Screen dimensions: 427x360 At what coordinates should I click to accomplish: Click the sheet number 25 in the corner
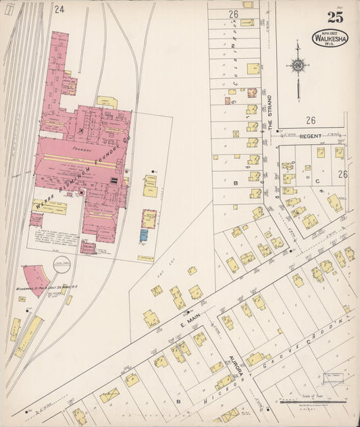(x=334, y=16)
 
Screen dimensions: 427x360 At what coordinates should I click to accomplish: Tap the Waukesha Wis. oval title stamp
(x=330, y=37)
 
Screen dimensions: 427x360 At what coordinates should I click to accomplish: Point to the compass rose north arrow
(x=297, y=66)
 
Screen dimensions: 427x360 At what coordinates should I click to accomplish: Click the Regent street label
(x=311, y=136)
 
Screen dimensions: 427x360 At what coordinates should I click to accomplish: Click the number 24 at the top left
(x=59, y=9)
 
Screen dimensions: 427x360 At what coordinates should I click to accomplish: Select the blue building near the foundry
(x=144, y=235)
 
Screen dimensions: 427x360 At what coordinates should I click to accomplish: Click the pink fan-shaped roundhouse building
(x=37, y=280)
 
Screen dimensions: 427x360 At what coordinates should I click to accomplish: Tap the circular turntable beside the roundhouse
(x=61, y=263)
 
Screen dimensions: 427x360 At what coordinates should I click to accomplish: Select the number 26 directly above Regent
(x=310, y=120)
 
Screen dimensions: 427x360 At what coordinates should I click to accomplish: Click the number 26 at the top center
(x=234, y=14)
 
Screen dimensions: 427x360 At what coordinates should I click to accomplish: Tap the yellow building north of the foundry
(x=107, y=102)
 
